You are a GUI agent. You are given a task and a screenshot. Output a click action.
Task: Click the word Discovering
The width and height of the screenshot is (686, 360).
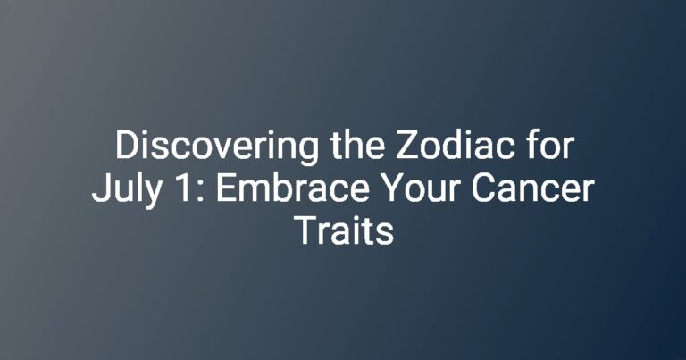click(217, 147)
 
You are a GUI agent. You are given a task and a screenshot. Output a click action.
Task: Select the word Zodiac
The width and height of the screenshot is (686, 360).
click(455, 146)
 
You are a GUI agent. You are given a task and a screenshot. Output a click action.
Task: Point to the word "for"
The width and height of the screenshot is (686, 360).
click(549, 146)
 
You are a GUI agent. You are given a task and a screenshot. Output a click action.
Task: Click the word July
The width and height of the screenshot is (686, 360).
click(126, 190)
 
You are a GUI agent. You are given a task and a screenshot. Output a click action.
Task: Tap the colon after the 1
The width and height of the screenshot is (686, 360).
click(201, 191)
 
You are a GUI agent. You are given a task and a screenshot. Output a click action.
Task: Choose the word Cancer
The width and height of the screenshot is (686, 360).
click(533, 188)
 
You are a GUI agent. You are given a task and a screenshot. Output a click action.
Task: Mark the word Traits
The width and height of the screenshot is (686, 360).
click(344, 230)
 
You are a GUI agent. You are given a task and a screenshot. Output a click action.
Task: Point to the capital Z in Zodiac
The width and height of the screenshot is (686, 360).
click(406, 146)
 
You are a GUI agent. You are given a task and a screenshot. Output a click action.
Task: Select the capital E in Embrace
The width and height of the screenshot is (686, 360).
click(226, 188)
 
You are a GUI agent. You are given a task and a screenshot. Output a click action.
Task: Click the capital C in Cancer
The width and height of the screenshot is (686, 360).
click(483, 188)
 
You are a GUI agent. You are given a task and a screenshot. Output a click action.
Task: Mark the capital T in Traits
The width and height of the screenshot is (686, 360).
click(305, 230)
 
